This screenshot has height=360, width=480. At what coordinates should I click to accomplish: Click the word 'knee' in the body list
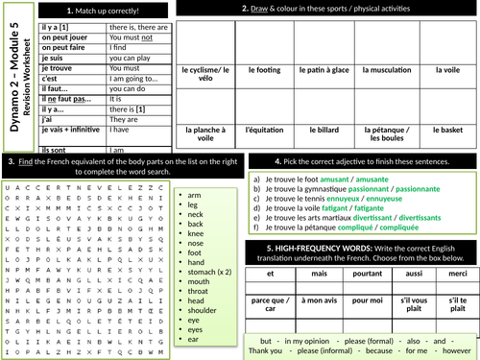click(x=195, y=232)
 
